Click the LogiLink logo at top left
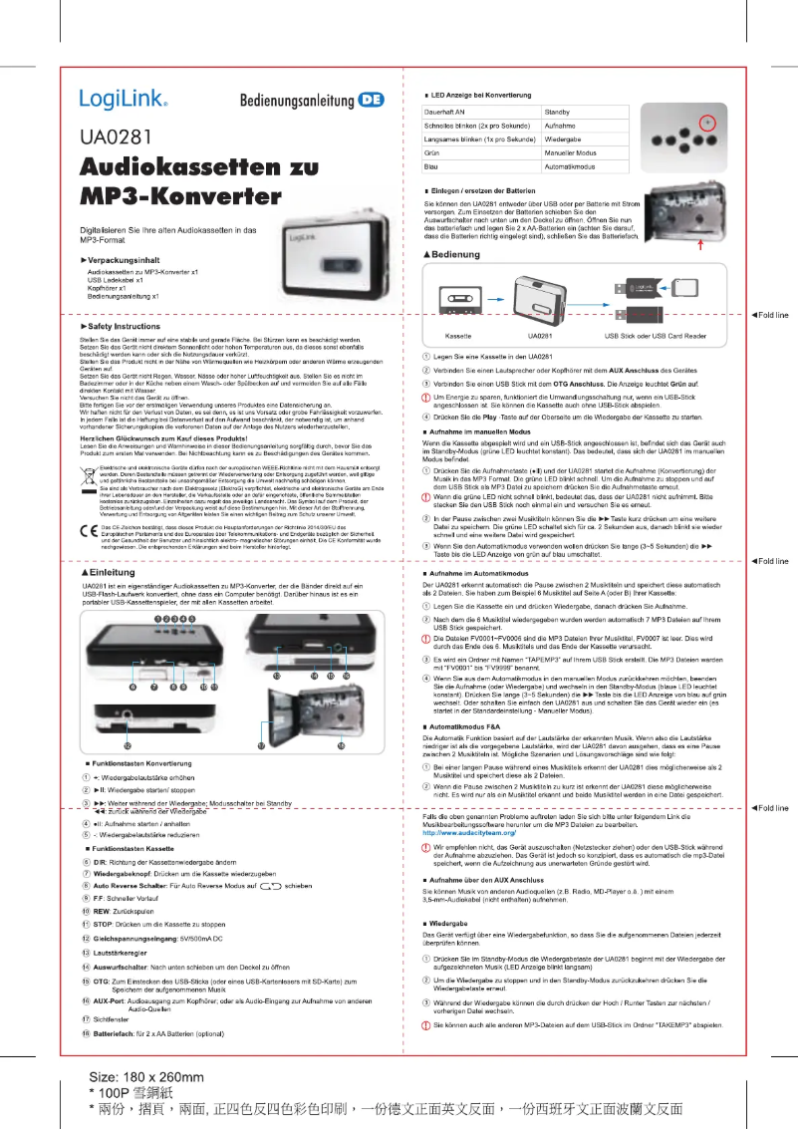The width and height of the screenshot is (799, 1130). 123,100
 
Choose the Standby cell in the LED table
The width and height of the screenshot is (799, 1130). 557,113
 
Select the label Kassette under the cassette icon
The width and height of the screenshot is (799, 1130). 458,335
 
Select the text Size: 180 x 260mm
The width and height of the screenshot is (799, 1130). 146,1077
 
